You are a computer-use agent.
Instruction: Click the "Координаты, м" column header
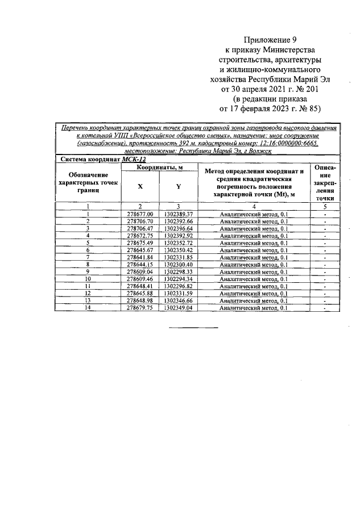(x=159, y=167)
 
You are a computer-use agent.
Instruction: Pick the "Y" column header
(x=177, y=186)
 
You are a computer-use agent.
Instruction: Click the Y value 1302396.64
(x=178, y=228)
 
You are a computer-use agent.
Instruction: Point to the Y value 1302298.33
(x=178, y=271)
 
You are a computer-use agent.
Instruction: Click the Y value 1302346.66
(x=178, y=300)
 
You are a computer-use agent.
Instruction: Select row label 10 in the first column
(x=88, y=279)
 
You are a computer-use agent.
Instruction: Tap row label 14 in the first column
(x=88, y=307)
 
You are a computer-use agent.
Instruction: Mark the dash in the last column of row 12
(x=324, y=294)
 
